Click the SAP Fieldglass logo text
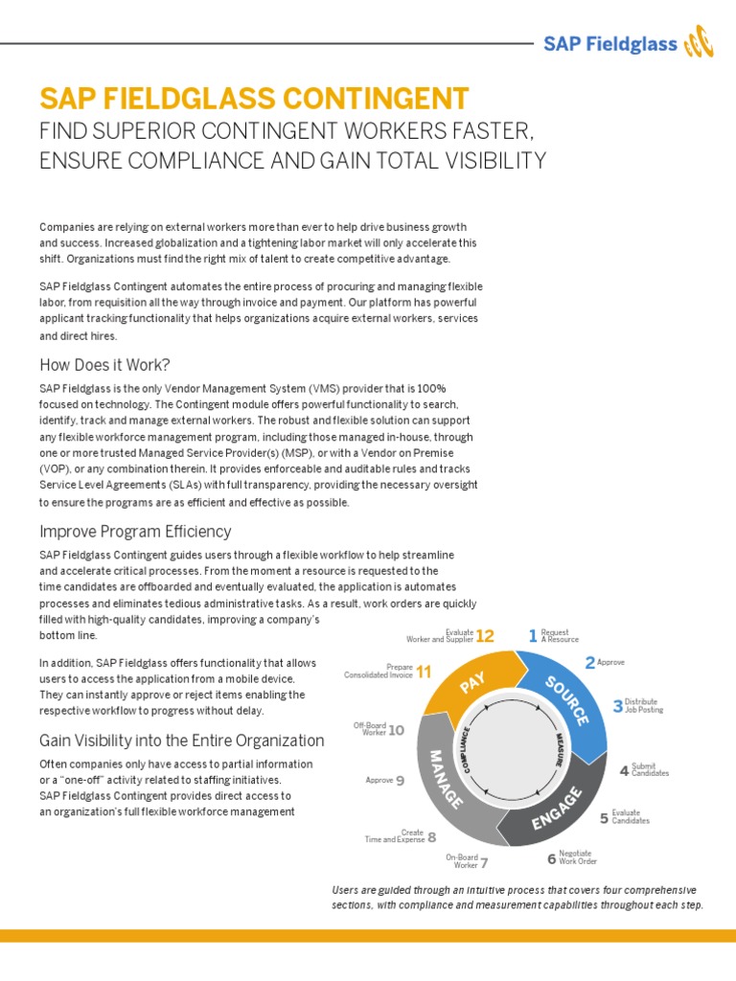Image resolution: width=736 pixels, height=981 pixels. pos(610,43)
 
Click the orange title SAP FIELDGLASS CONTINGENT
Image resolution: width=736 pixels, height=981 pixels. pos(254,98)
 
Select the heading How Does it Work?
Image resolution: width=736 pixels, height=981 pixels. pos(104,364)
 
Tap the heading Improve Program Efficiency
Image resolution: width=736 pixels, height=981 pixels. pos(135,531)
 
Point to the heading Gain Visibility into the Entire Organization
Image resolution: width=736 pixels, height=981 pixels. pos(182,741)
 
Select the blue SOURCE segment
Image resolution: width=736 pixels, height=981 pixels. pos(567,700)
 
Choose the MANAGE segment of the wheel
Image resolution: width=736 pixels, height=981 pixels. pos(443,777)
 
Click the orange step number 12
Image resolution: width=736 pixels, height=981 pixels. pos(485,636)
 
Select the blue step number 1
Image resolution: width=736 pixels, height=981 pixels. pos(533,636)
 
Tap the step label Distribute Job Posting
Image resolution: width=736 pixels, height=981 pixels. pos(643,706)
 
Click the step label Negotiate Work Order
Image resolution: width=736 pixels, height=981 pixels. pos(577,857)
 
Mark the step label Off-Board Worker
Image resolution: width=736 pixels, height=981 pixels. pos(369,729)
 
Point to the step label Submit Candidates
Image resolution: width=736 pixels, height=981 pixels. pos(650,769)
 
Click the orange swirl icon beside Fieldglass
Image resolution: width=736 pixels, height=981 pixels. pos(701,43)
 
